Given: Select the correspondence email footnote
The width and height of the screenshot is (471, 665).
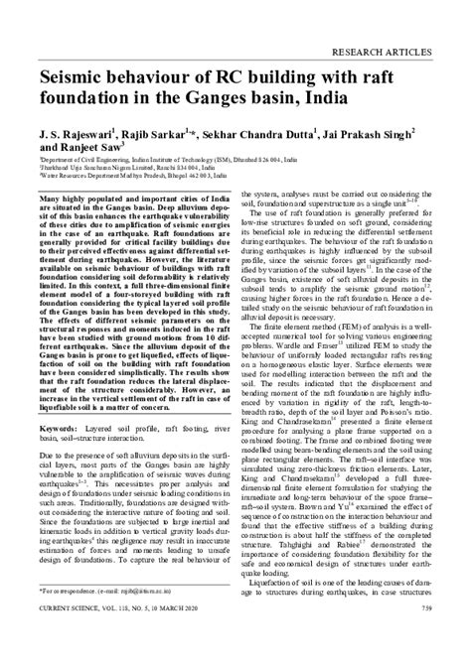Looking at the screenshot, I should [109, 616].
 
